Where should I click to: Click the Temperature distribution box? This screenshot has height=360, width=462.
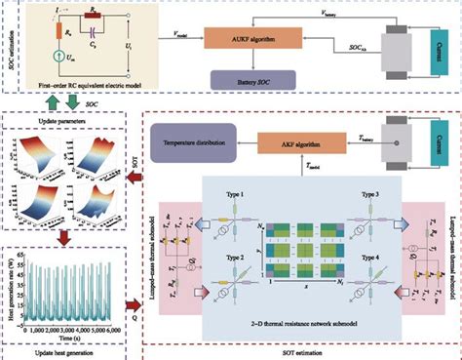(194, 144)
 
